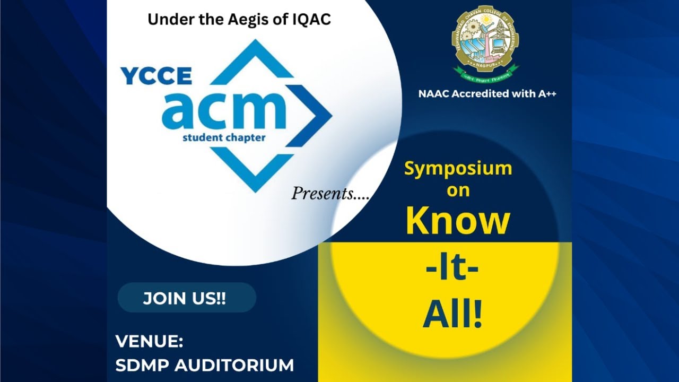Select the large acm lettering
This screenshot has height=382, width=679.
[224, 110]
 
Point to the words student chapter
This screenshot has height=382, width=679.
[223, 138]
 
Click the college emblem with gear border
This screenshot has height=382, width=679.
[485, 39]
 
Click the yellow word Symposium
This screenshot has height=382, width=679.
[458, 169]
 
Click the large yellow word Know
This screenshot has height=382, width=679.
[457, 221]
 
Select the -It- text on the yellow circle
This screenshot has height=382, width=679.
[452, 270]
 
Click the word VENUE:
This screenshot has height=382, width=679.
[150, 342]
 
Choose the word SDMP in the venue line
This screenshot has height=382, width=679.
[142, 366]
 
